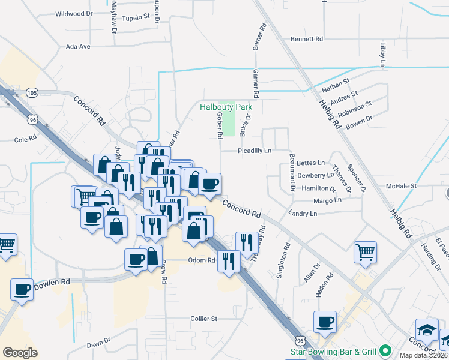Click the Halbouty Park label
click(226, 107)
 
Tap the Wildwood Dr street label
click(74, 13)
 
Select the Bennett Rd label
click(307, 39)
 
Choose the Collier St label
click(203, 319)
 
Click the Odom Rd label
click(202, 260)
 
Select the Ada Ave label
click(77, 46)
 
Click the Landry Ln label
click(302, 214)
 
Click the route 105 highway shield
click(32, 92)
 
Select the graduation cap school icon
click(426, 330)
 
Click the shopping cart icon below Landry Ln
click(365, 252)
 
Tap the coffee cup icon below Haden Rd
click(325, 322)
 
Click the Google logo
click(20, 353)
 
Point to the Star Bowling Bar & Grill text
click(333, 352)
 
